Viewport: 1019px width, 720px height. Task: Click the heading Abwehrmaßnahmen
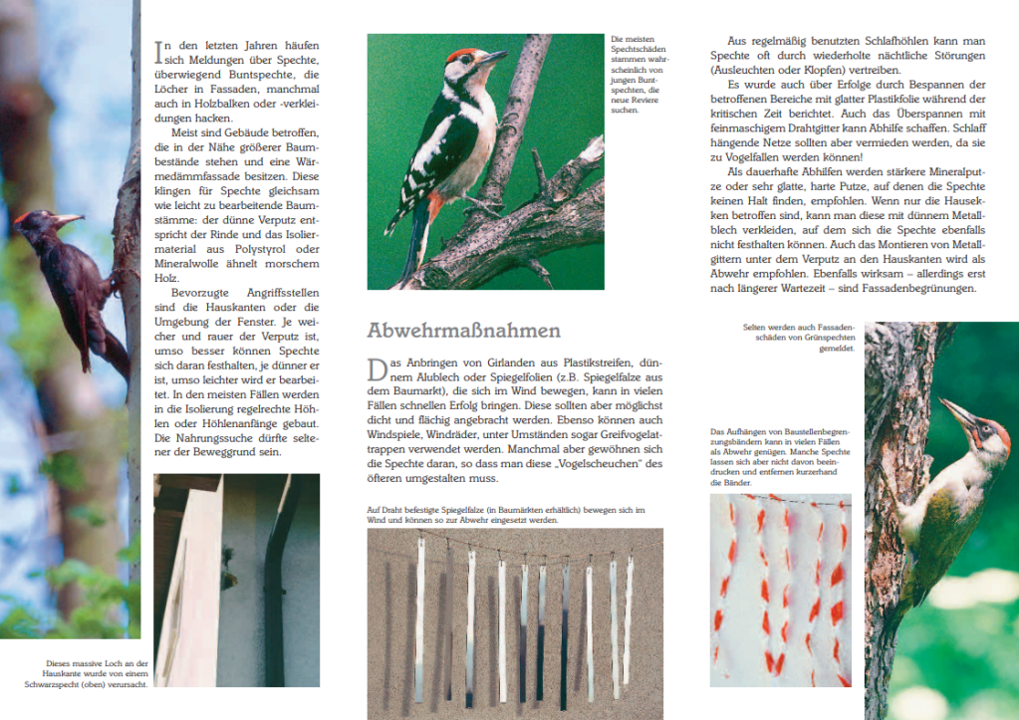(x=463, y=331)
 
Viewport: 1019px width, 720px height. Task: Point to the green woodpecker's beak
(x=958, y=414)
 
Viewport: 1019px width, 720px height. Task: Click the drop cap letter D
(x=377, y=370)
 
